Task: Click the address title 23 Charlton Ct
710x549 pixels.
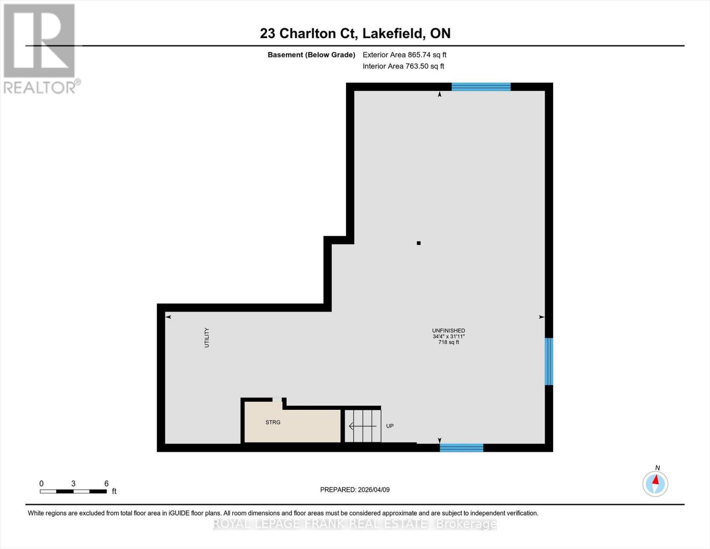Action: tap(355, 33)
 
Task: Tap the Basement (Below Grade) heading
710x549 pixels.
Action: tap(311, 55)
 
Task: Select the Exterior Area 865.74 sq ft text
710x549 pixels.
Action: tap(404, 55)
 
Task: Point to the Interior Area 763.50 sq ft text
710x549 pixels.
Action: tap(403, 66)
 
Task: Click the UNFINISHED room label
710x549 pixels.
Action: tap(448, 330)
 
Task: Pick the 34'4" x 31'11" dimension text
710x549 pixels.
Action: tap(448, 336)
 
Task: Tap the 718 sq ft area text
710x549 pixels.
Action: tap(448, 342)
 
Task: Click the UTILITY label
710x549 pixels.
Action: tap(207, 338)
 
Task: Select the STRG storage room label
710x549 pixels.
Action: tap(273, 422)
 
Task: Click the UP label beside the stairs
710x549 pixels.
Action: tap(390, 426)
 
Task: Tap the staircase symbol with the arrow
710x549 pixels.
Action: tap(363, 426)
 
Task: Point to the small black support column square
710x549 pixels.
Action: tap(418, 243)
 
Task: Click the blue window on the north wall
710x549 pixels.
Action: tap(480, 87)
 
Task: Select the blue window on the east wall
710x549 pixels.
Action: tap(549, 361)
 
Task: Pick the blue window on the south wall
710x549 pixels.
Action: tap(461, 448)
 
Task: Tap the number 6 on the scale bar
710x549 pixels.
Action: tap(107, 484)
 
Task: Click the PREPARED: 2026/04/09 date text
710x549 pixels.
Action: tap(355, 490)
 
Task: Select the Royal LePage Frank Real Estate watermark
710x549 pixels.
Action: tap(355, 524)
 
